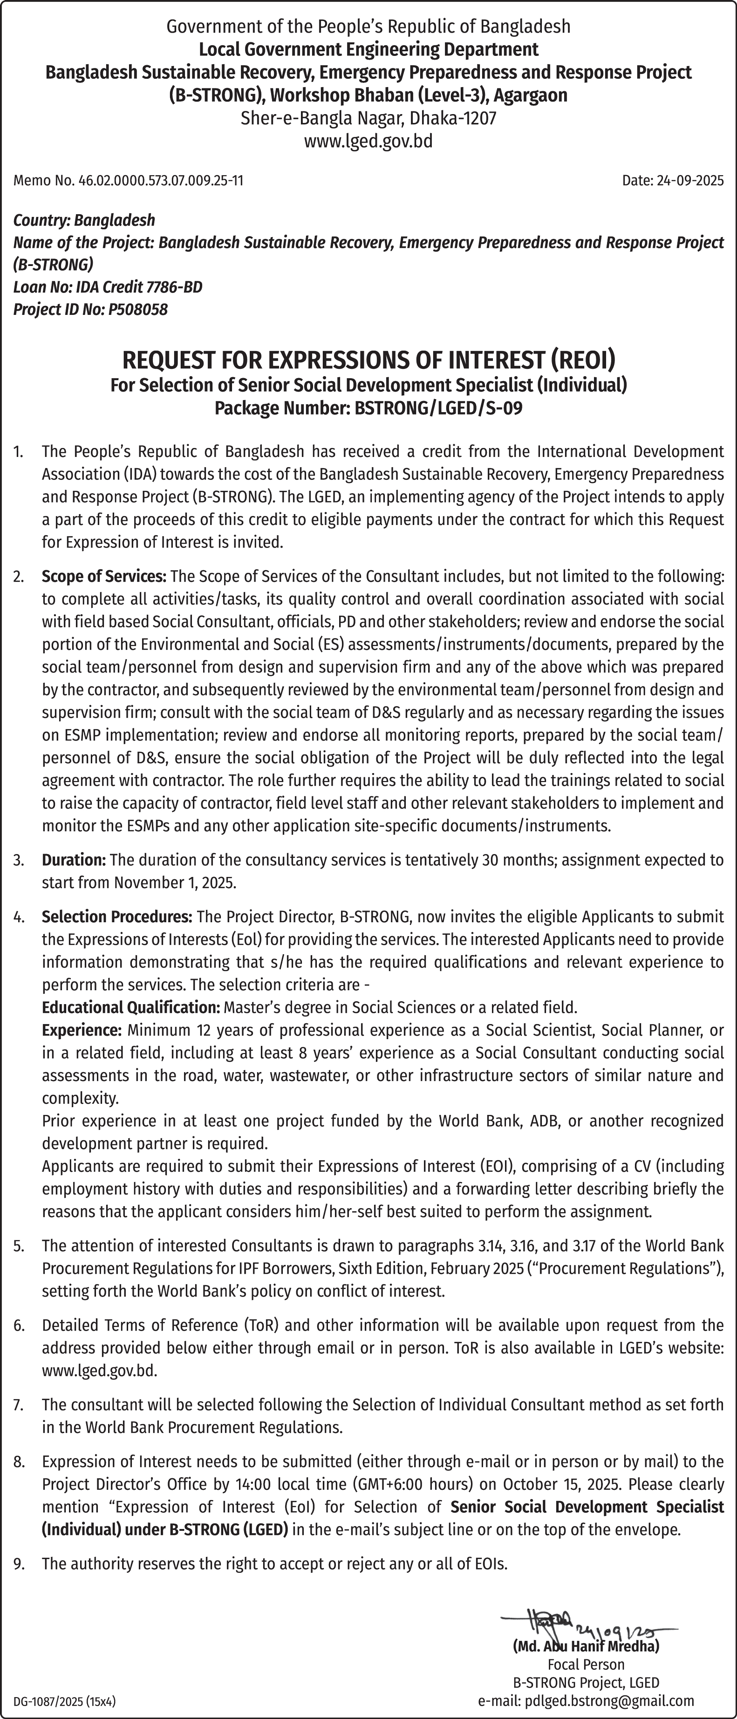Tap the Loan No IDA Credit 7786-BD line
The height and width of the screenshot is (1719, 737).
(108, 287)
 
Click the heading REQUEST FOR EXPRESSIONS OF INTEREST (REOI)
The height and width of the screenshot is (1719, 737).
(368, 360)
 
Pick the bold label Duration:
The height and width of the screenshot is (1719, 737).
(74, 860)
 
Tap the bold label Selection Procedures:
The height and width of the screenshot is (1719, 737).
(117, 917)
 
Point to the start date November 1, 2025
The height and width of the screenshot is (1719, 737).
(175, 883)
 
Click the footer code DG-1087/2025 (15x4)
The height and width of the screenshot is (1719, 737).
(65, 1702)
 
